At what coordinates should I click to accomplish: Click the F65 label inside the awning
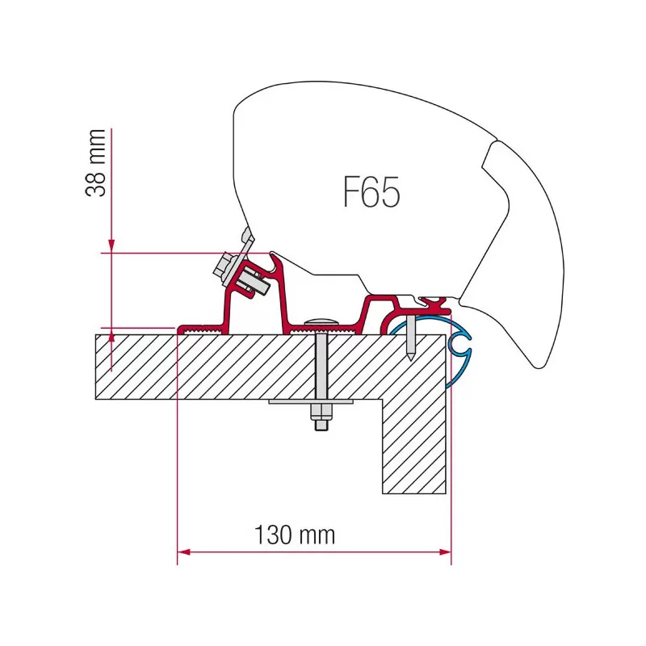[371, 192]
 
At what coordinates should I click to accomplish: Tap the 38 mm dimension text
[95, 163]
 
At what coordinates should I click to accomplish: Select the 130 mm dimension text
[295, 535]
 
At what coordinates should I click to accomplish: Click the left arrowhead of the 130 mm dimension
[183, 552]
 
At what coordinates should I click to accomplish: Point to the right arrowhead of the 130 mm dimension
[446, 552]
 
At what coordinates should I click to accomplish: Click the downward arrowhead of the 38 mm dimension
[111, 246]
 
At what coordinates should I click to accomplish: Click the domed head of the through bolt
[321, 321]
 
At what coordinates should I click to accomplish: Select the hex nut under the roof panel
[321, 411]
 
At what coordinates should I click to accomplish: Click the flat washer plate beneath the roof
[311, 401]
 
